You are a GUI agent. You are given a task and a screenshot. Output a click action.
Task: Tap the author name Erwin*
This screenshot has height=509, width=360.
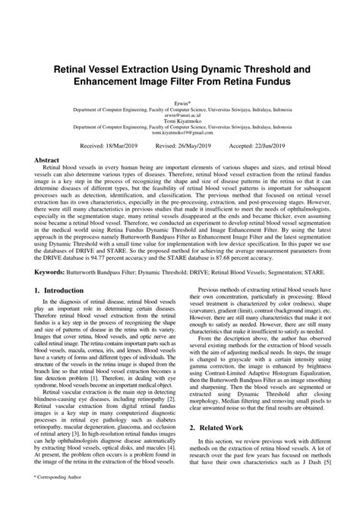[x=180, y=100]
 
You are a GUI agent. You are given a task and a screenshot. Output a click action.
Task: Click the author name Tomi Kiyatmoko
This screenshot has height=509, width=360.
[x=180, y=120]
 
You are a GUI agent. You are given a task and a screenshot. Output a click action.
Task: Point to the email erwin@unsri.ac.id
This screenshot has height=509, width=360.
[x=180, y=113]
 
